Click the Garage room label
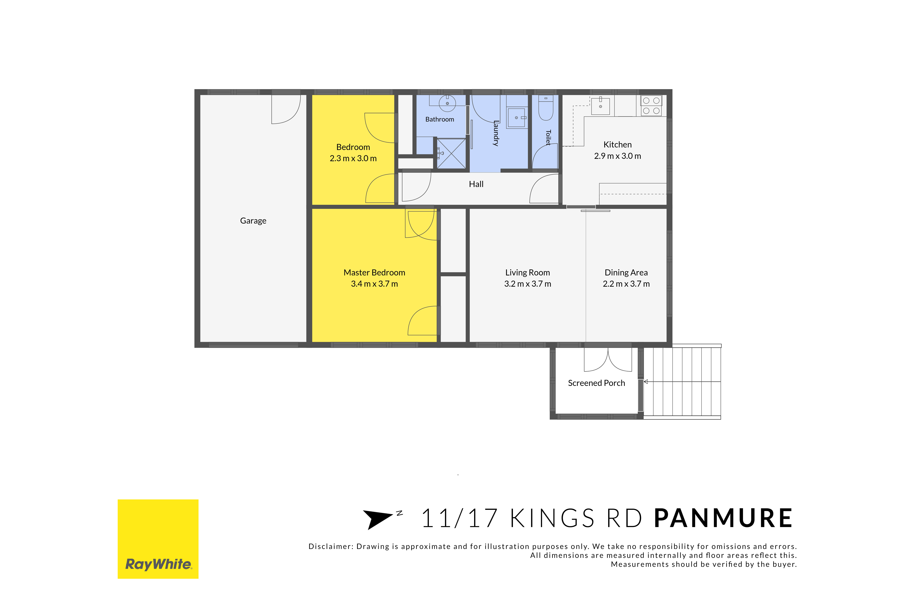253,221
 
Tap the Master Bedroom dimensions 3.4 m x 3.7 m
374,284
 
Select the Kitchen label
617,145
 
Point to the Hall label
476,184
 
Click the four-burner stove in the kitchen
651,106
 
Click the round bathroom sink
447,103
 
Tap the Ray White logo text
158,564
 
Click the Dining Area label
626,273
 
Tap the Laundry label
496,133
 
